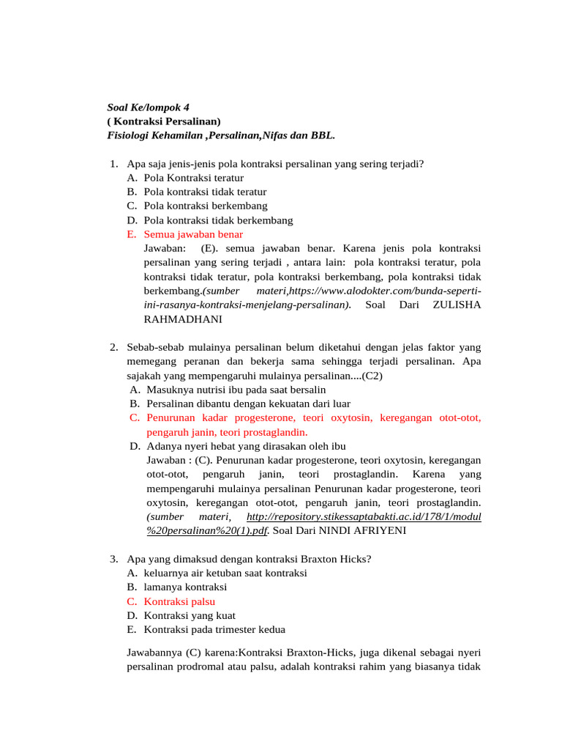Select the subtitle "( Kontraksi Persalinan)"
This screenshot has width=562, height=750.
[163, 121]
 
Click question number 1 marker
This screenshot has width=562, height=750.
[113, 164]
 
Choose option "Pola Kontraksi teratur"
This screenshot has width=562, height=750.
[193, 178]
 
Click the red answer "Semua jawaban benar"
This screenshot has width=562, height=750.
[193, 234]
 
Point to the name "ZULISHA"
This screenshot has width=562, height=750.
[457, 305]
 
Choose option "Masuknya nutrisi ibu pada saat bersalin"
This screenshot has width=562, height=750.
[236, 390]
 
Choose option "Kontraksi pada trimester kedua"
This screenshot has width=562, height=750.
[214, 630]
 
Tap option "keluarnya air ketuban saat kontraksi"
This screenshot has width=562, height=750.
[225, 573]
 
